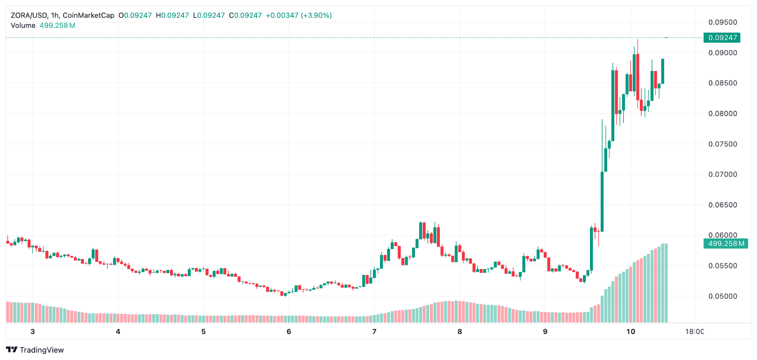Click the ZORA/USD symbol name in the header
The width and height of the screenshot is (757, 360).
(29, 16)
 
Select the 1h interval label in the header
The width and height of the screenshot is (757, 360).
(55, 16)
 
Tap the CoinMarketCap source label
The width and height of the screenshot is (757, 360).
(88, 16)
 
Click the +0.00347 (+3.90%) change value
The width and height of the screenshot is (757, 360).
(299, 16)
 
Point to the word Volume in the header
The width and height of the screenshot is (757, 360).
(23, 26)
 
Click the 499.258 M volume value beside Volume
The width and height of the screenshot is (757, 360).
(57, 26)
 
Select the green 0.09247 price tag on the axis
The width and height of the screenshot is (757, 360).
(722, 38)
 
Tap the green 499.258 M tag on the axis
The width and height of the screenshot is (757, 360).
(726, 244)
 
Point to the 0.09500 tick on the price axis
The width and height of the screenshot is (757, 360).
(723, 22)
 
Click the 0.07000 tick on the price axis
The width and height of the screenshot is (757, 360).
(723, 174)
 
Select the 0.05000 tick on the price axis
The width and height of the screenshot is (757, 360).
(723, 296)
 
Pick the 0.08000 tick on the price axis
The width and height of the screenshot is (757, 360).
(723, 113)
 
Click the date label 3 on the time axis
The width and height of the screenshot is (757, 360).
(33, 332)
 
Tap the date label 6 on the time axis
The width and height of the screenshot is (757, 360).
(289, 332)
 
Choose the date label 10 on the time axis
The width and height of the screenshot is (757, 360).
(631, 332)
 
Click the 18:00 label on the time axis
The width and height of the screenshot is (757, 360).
(694, 332)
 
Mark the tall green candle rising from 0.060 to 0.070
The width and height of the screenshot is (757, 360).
(602, 201)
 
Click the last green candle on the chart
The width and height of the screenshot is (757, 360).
(663, 71)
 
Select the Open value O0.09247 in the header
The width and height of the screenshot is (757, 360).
(135, 16)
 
